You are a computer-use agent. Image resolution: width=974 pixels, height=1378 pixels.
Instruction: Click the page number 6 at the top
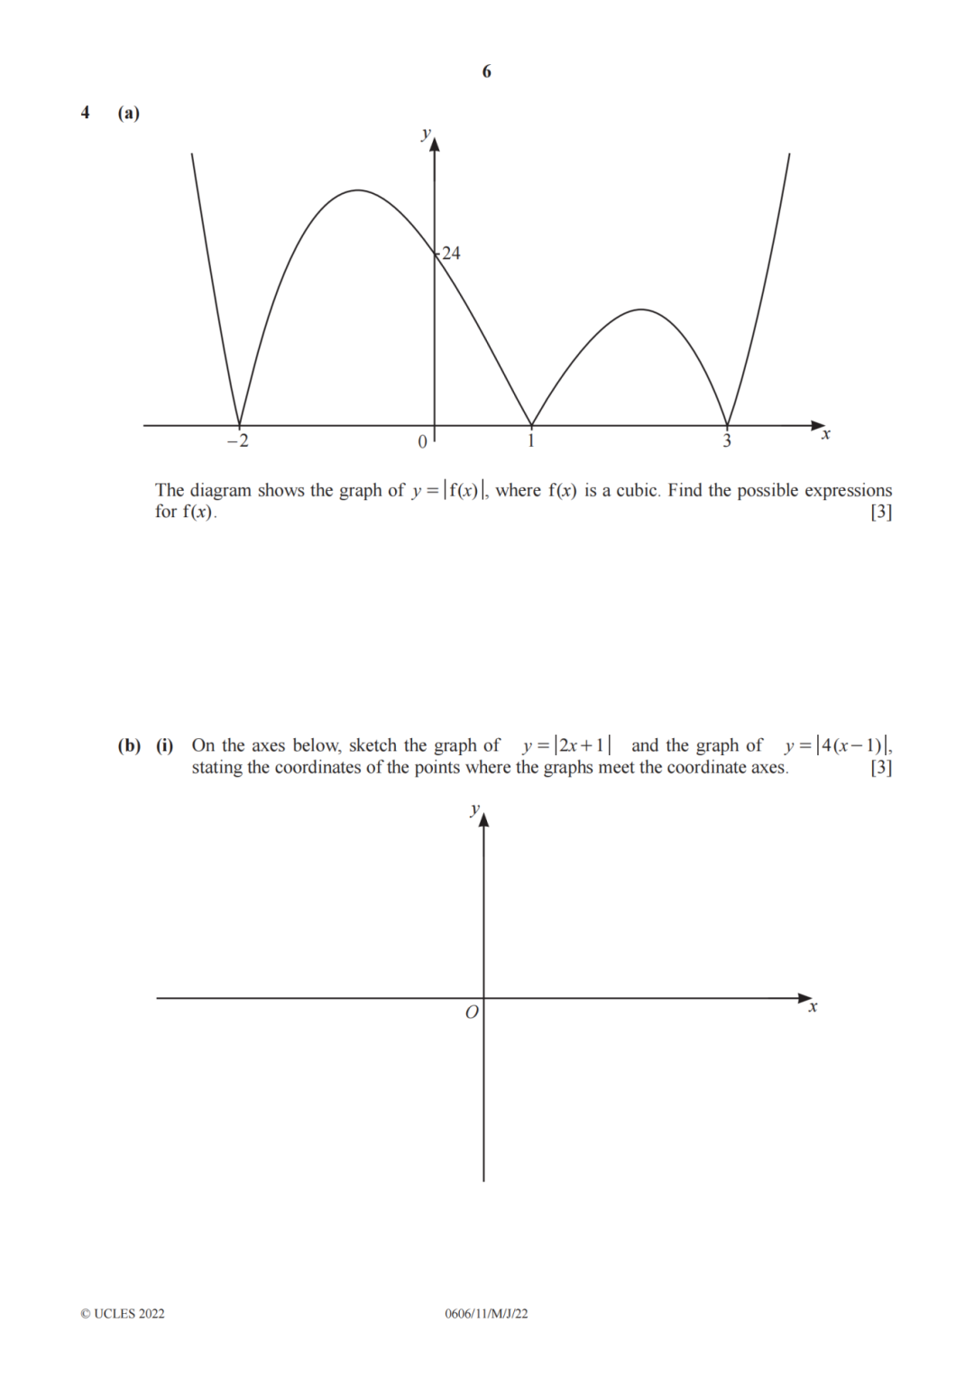(487, 71)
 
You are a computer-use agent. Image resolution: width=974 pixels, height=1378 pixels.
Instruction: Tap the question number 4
(86, 113)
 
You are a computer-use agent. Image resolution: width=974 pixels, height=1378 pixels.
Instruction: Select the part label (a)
(129, 113)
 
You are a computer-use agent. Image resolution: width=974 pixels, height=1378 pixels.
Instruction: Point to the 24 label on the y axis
(451, 254)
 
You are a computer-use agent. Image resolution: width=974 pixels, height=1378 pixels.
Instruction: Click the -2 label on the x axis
(237, 441)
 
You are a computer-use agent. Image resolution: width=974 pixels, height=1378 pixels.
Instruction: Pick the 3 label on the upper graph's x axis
(727, 441)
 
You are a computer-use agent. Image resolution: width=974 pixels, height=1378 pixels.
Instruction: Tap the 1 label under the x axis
(531, 441)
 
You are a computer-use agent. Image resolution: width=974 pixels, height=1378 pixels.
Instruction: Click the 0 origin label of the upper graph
(422, 442)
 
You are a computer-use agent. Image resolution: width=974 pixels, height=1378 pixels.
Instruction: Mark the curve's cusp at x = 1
(531, 425)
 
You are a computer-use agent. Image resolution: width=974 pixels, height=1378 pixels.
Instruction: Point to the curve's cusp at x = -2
(239, 425)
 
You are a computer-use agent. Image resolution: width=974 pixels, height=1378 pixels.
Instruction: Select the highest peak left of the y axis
(358, 190)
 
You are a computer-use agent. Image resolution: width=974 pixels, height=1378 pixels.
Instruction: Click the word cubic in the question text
(638, 490)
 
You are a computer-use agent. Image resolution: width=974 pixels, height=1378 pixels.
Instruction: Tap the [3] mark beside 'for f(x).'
(881, 512)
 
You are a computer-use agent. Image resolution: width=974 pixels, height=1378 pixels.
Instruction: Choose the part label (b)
(129, 745)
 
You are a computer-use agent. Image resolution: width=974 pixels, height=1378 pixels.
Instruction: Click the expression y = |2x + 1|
(566, 745)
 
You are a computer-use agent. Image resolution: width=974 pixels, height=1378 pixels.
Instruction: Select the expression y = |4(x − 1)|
(838, 745)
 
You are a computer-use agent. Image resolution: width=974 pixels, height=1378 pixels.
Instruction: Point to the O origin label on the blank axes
(472, 1013)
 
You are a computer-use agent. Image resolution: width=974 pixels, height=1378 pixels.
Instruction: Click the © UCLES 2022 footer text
(123, 1314)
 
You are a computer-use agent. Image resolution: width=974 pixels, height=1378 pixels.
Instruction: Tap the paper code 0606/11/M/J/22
(486, 1314)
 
